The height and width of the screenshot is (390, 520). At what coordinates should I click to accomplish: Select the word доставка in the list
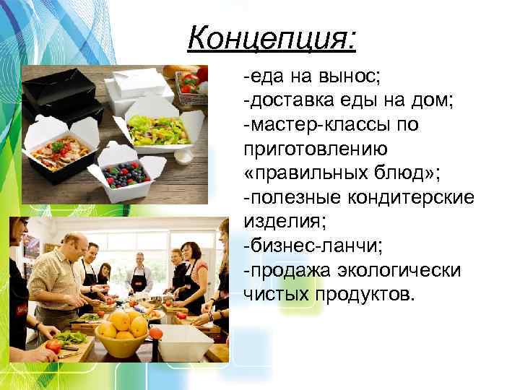(289, 100)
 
